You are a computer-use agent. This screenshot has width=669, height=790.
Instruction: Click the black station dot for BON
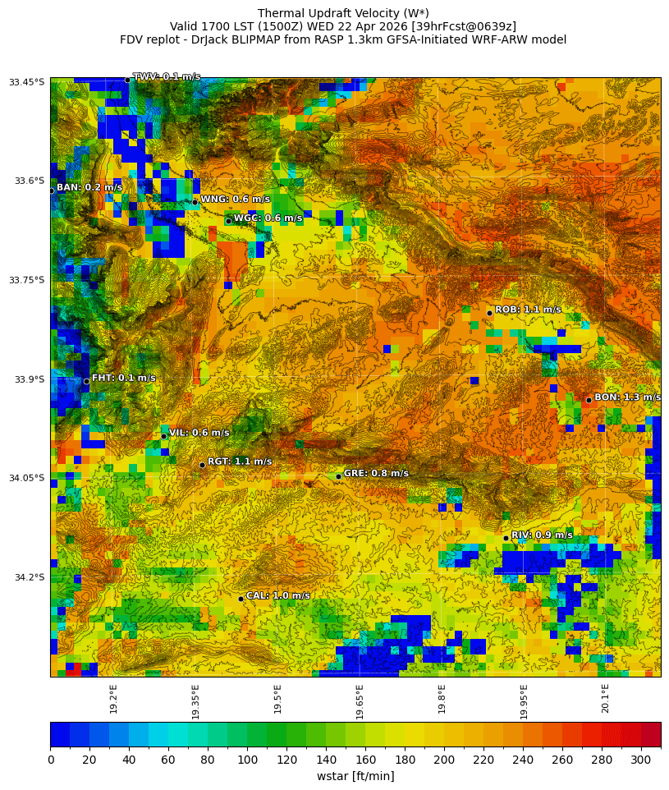[589, 400]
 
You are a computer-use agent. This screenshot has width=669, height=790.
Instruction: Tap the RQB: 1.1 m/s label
[528, 310]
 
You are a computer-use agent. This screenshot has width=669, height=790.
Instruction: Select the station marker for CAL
[241, 599]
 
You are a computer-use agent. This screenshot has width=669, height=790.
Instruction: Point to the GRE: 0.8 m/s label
[376, 473]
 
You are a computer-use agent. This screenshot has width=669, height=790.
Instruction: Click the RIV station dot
[506, 538]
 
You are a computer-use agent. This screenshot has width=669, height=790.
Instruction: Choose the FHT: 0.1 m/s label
[123, 378]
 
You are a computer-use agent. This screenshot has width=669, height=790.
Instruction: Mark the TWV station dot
[127, 80]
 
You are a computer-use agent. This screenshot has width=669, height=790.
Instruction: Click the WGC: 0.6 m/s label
[268, 218]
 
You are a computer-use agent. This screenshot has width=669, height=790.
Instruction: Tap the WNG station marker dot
[195, 202]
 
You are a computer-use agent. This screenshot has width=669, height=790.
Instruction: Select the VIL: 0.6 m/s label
[199, 433]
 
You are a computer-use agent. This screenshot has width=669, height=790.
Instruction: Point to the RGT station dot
[202, 465]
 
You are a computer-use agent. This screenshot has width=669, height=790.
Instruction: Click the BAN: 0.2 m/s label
[89, 187]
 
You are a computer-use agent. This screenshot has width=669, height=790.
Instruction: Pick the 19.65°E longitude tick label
[360, 702]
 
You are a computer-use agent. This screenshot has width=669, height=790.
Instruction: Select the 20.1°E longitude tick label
[606, 699]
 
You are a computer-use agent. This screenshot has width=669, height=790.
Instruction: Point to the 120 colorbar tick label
[286, 760]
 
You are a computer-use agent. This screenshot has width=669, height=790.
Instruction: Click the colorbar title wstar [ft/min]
[355, 776]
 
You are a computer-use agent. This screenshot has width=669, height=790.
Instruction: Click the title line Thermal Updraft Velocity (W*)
[343, 13]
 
